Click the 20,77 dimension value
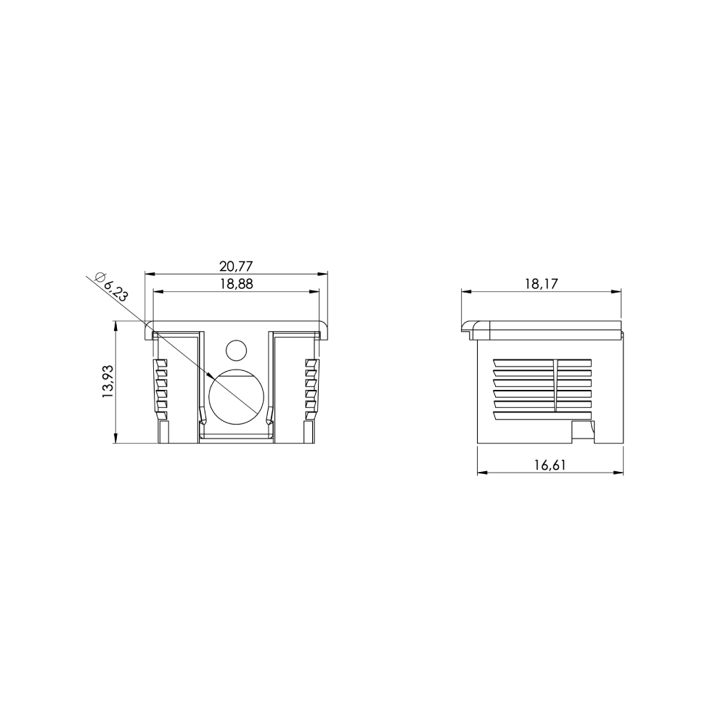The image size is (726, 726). [236, 266]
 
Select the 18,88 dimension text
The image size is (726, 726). [236, 284]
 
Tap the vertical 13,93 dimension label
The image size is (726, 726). [107, 382]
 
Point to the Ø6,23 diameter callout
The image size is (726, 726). [110, 287]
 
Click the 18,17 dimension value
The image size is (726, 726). [542, 284]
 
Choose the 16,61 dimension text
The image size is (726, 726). [550, 465]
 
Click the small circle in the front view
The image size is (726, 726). [237, 351]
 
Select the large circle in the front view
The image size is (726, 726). [237, 397]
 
